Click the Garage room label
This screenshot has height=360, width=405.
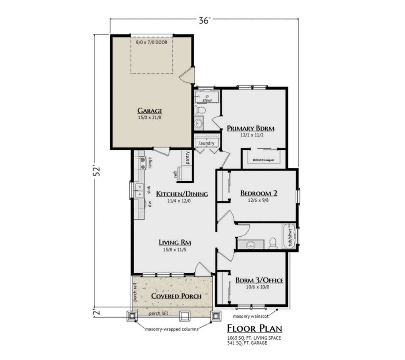click(150, 111)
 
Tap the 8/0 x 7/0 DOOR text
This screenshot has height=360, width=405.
click(152, 43)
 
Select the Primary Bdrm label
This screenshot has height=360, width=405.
click(250, 128)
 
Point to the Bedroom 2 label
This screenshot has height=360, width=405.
click(259, 193)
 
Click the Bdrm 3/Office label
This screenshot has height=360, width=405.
click(259, 280)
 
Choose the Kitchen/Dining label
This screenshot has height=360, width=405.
click(182, 194)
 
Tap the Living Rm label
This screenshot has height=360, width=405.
click(175, 242)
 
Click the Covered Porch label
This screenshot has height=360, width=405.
click(176, 296)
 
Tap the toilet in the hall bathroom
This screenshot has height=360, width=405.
click(273, 242)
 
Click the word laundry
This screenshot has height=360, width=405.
click(207, 143)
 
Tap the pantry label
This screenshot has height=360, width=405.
click(187, 157)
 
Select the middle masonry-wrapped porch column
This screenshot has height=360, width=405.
click(185, 316)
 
